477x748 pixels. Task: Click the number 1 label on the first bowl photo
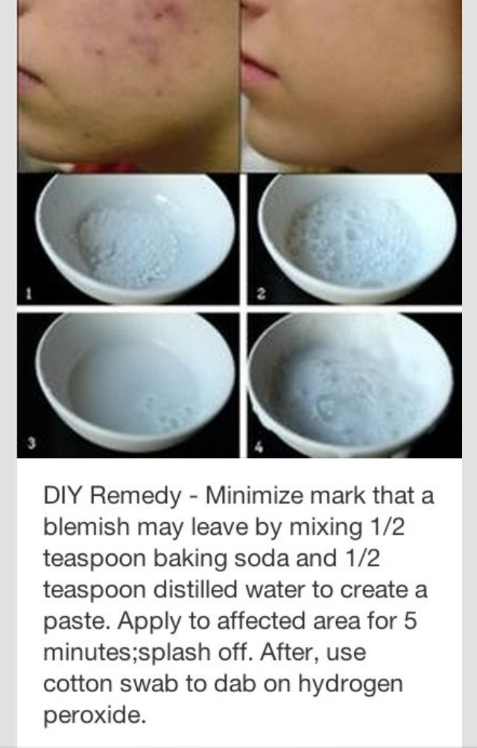click(x=28, y=295)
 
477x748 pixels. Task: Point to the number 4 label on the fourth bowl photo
click(x=259, y=447)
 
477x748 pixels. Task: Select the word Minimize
click(x=253, y=496)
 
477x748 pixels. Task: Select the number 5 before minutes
click(x=410, y=620)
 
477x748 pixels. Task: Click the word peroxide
click(x=95, y=716)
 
